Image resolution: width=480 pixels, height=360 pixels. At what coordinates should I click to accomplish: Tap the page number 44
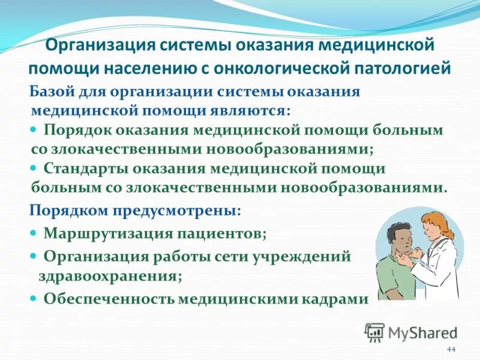coord(451,350)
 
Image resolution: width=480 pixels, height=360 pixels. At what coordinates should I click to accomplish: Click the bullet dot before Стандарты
coord(34,169)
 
